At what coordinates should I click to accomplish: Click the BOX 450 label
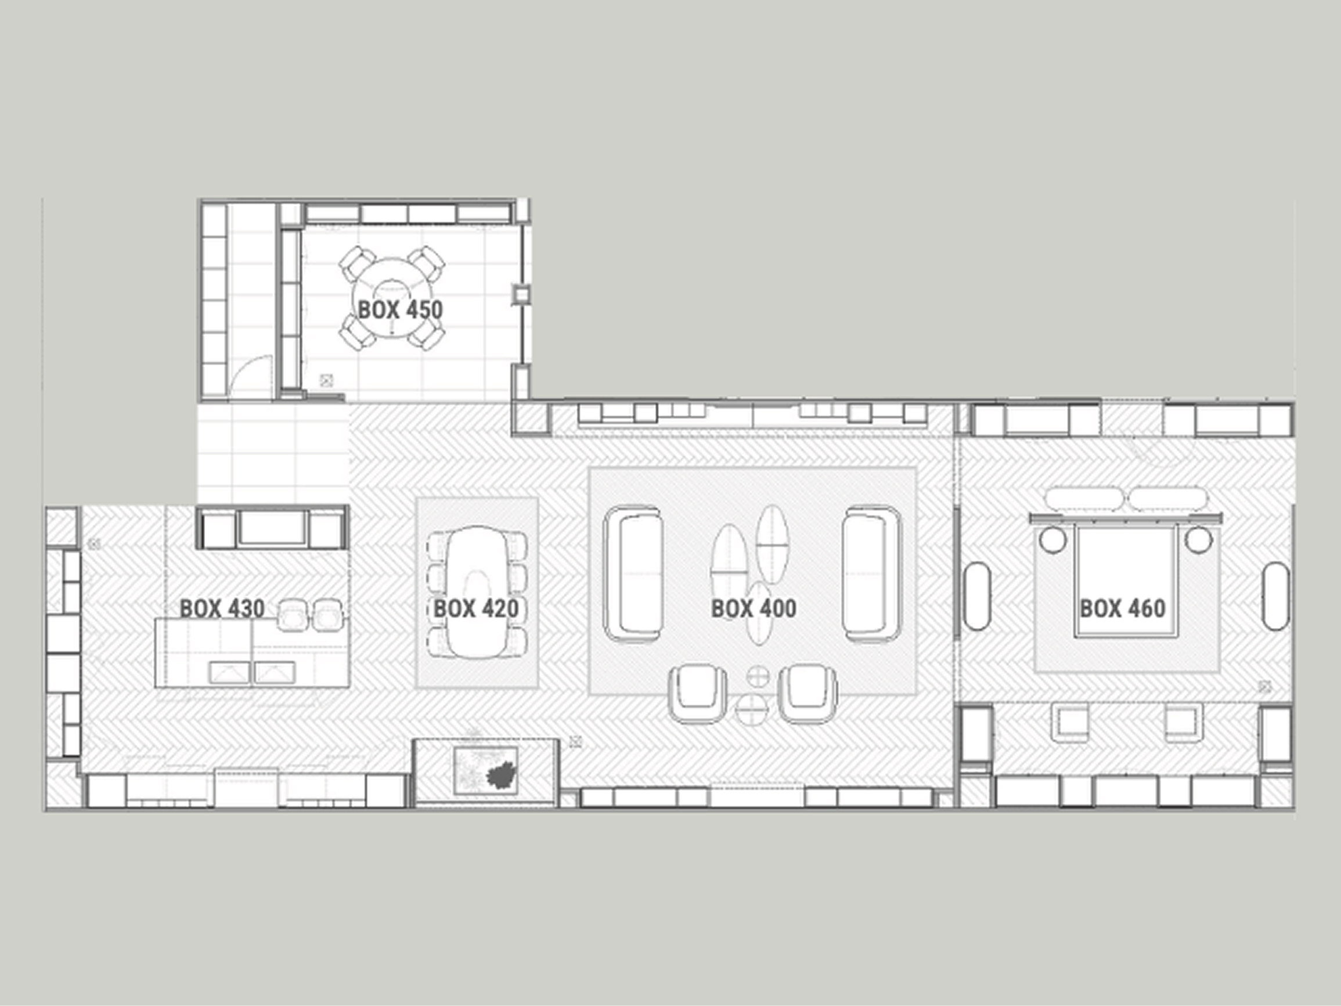[400, 310]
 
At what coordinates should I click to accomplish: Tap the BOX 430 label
[222, 608]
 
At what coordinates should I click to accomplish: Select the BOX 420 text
[476, 608]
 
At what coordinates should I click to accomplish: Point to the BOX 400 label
[754, 608]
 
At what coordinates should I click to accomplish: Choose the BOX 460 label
[1123, 608]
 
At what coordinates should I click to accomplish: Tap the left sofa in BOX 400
[633, 574]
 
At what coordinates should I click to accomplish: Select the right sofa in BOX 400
[872, 574]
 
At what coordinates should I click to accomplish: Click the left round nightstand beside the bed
[1053, 540]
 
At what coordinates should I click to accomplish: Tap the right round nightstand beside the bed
[1199, 540]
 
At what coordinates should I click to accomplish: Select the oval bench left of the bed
[976, 596]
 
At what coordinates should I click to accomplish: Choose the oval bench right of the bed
[1276, 596]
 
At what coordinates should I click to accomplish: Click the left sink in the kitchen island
[229, 672]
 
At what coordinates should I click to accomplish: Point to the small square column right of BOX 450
[521, 295]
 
